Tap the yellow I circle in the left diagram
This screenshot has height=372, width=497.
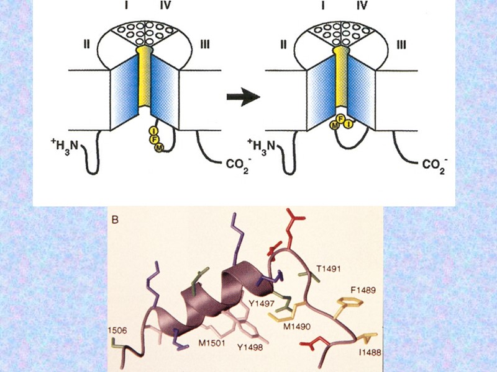click(153, 130)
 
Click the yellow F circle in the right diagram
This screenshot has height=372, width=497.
click(340, 118)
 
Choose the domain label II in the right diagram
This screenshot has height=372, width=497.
click(283, 44)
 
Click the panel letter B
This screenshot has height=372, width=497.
click(115, 219)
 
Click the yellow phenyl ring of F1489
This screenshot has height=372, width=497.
click(348, 305)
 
